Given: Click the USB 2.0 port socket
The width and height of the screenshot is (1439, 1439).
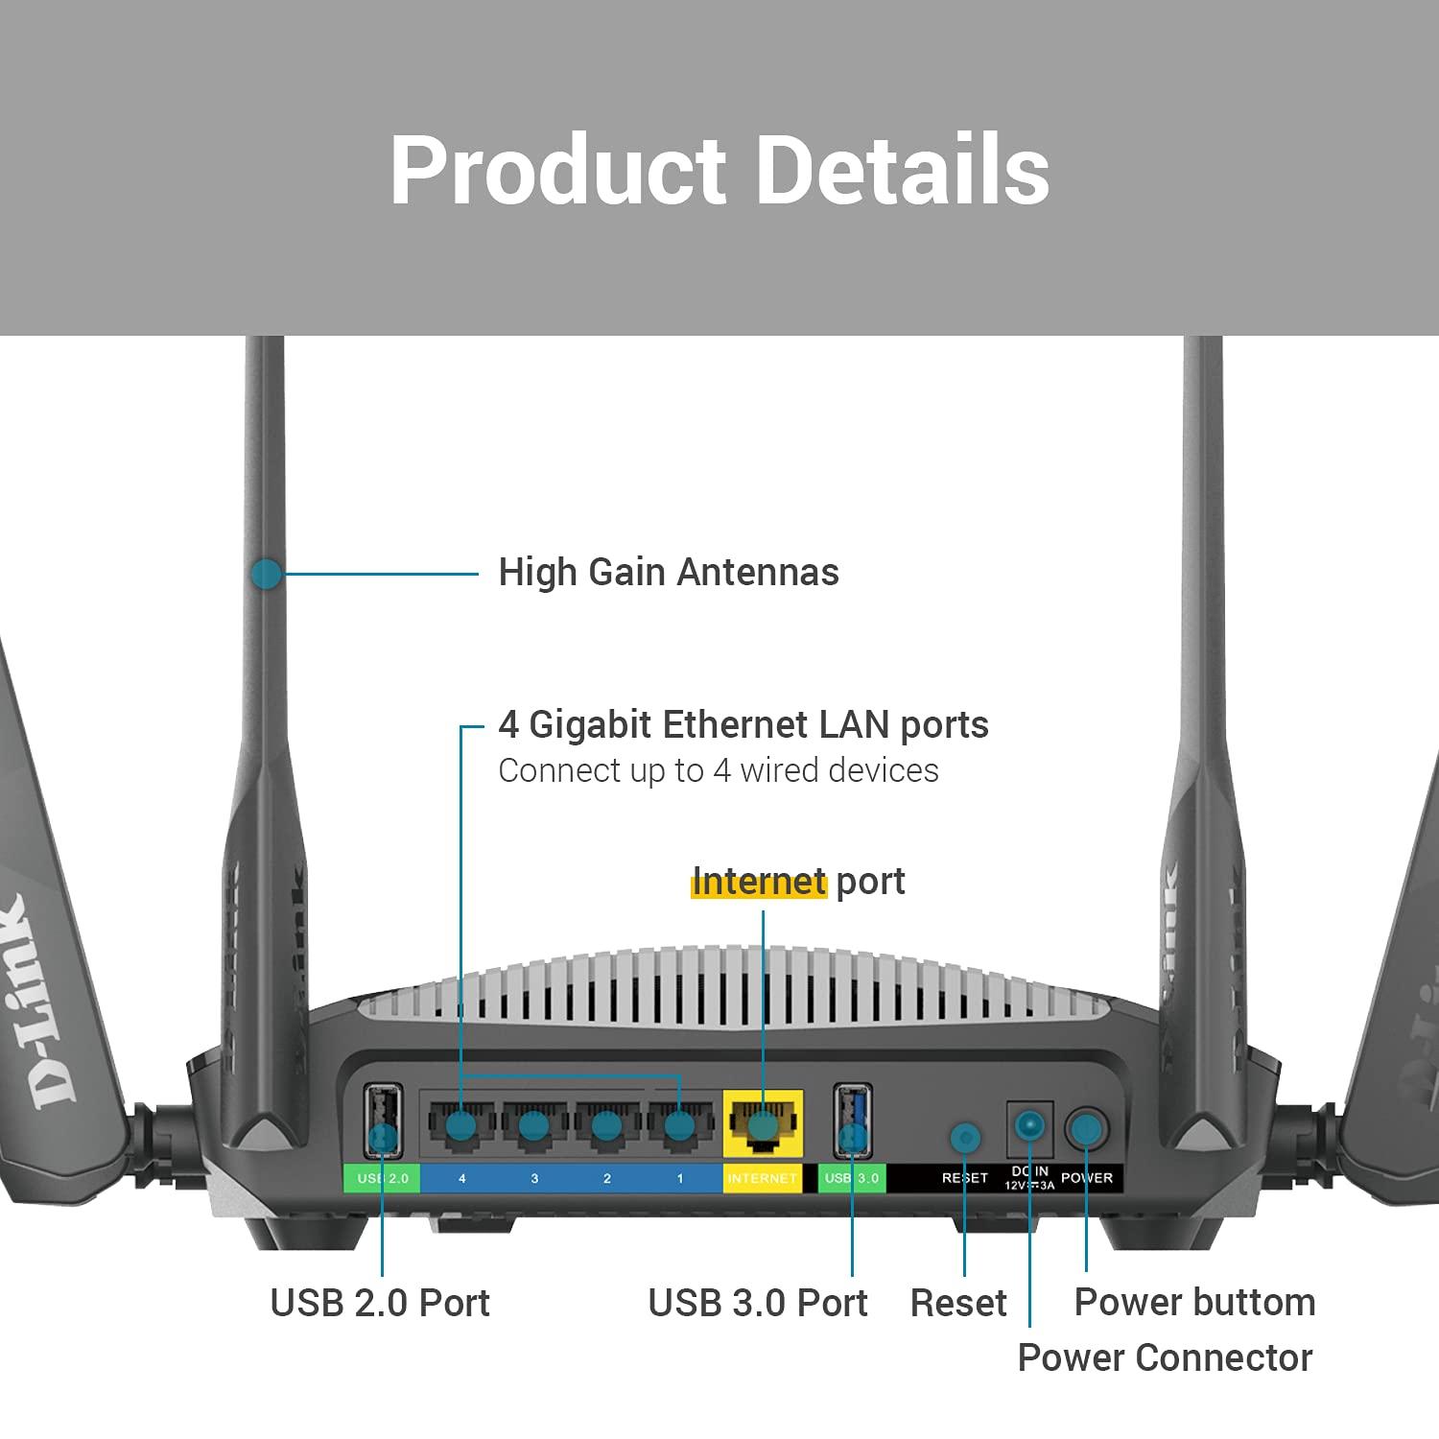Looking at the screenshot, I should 383,1121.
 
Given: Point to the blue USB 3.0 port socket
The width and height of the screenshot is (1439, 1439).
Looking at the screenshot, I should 852,1121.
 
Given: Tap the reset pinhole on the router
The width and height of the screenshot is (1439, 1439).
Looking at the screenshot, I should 965,1139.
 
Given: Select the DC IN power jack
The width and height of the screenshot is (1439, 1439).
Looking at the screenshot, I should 1029,1126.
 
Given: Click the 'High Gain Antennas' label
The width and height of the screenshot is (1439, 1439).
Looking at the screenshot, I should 669,573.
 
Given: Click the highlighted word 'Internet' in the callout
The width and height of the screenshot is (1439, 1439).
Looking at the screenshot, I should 758,882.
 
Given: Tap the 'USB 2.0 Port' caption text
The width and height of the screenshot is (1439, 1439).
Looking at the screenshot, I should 380,1303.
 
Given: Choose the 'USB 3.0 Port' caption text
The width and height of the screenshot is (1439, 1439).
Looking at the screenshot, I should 758,1303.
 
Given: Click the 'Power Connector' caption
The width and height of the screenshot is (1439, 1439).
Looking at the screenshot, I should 1165,1358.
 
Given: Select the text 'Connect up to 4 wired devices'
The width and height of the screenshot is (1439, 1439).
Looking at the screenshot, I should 718,771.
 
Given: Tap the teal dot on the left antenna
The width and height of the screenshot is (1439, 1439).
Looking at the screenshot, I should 266,575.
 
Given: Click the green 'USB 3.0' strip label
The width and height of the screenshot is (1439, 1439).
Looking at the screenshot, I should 852,1178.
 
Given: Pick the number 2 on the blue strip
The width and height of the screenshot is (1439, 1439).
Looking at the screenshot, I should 606,1178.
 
